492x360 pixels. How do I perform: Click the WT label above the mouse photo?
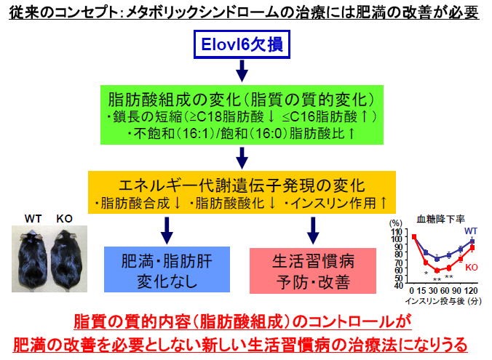[x=33, y=217]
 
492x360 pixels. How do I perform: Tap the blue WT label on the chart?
[x=471, y=231]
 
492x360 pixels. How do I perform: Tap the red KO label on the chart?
[x=472, y=267]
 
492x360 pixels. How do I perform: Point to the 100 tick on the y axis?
[x=397, y=237]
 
